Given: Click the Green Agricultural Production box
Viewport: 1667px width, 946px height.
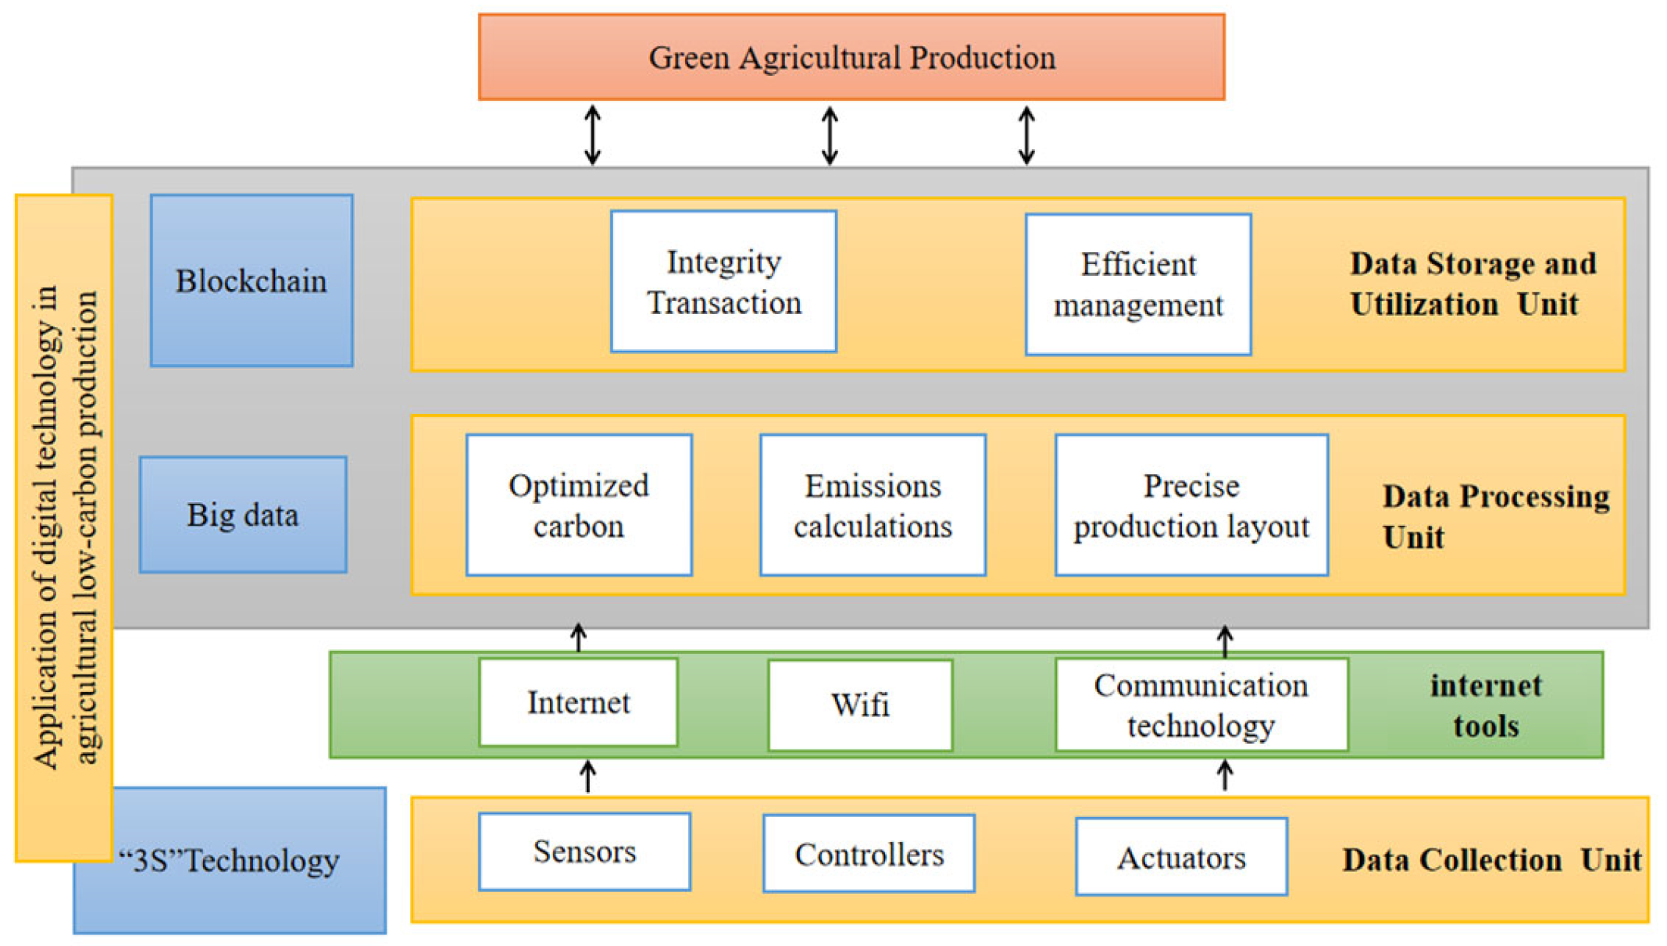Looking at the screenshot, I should tap(851, 57).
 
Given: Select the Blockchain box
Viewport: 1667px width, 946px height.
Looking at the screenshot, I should tap(252, 281).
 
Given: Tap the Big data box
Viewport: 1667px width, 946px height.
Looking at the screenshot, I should tap(243, 515).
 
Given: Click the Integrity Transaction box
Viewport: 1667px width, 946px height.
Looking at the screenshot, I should tap(723, 282).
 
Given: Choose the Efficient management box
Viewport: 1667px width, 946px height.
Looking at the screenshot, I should tap(1138, 285).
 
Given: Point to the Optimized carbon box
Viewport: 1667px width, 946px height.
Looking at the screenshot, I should tap(579, 505).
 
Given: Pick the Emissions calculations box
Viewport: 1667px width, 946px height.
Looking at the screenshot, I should tap(873, 505).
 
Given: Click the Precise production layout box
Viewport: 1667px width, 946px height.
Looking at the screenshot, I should tap(1191, 505).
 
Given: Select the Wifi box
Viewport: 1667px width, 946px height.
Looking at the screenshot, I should tap(860, 705).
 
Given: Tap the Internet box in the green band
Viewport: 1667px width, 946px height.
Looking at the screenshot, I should tap(578, 702).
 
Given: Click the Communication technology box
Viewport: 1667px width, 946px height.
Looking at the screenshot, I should tap(1201, 705).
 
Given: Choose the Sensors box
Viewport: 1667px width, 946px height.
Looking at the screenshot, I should tap(584, 851).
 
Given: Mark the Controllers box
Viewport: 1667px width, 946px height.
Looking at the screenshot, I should tap(869, 854).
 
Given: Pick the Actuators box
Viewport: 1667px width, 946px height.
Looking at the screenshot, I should tap(1181, 857).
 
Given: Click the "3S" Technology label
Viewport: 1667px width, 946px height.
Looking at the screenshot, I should tap(229, 861).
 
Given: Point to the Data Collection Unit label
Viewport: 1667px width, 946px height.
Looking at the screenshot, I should tap(1490, 860).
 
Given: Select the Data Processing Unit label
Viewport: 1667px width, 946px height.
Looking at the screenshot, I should tap(1494, 516).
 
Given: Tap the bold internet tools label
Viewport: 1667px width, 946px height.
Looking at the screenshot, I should tap(1486, 705).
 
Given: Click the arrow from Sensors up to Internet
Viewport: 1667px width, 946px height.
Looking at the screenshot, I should tap(588, 776).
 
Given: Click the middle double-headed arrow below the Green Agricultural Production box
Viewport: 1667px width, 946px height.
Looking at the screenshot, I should tap(830, 136).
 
